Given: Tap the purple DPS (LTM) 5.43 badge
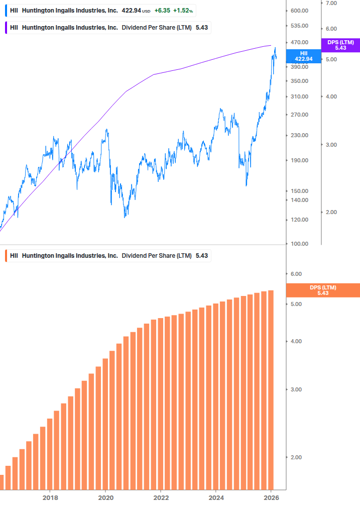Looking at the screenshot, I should tap(340, 45).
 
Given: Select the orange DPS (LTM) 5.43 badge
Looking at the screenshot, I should tap(322, 290).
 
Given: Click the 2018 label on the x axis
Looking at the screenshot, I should tap(50, 497).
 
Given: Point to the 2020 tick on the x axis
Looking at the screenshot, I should tap(105, 497).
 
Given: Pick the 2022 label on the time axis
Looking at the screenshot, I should tap(161, 497).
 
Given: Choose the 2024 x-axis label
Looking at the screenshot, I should tap(216, 497).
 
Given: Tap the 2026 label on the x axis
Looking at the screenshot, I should tap(271, 497).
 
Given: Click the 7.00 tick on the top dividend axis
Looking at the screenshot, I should tap(331, 3).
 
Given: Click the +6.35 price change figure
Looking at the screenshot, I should tap(162, 11).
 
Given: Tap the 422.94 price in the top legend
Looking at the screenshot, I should tap(131, 11).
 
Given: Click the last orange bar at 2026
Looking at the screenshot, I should tap(271, 390).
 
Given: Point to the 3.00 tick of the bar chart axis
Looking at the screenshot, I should tap(297, 389).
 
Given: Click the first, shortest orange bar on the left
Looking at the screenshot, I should tap(2, 482).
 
